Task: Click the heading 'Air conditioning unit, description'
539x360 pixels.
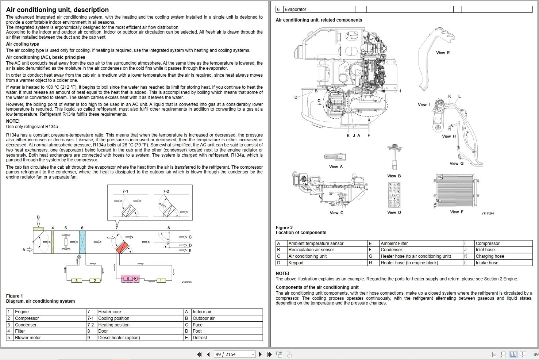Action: point(57,9)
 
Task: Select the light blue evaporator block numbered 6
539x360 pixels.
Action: point(82,242)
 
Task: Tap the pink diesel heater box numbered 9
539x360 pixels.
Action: point(130,279)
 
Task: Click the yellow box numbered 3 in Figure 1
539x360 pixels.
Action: point(77,280)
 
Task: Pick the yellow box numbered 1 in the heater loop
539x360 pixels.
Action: point(161,280)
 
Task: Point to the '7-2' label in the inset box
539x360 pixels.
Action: point(166,191)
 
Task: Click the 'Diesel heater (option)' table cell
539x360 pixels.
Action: point(119,338)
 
